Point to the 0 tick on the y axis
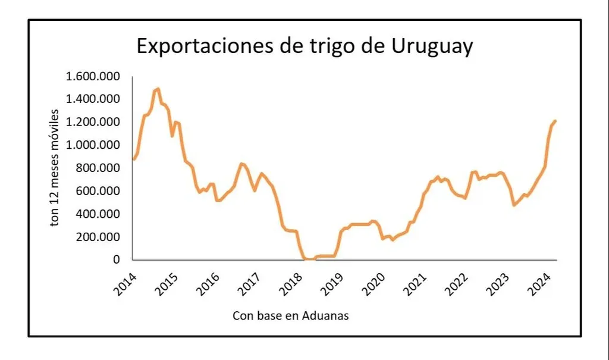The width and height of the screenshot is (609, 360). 117,259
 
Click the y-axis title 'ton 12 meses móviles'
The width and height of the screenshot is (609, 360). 55,167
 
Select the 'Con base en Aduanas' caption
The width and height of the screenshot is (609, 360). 290,315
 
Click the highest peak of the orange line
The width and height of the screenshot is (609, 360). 158,89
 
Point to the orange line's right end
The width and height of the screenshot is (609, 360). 555,121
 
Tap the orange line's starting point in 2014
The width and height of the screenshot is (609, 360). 133,159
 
